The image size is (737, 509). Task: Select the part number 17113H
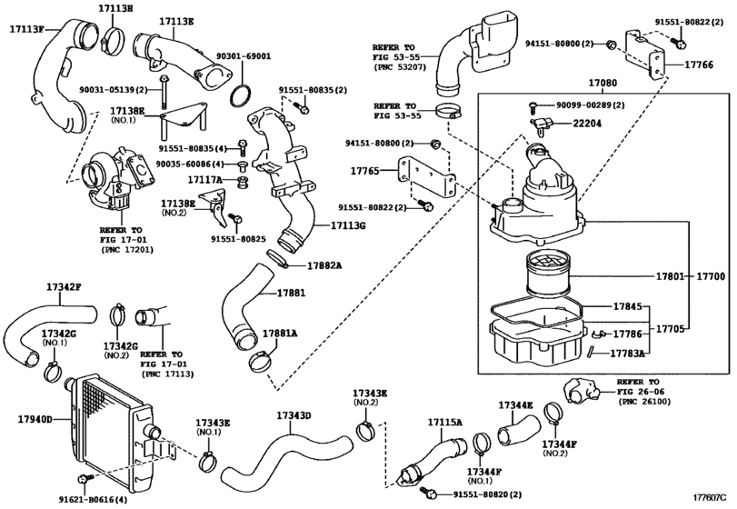coord(115,7)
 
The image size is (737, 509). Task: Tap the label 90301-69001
coord(243,56)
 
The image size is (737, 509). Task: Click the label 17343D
coord(294,415)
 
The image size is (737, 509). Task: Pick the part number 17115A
coord(444,424)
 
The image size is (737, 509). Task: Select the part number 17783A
coord(627,354)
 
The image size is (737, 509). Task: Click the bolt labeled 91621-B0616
coord(84,479)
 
